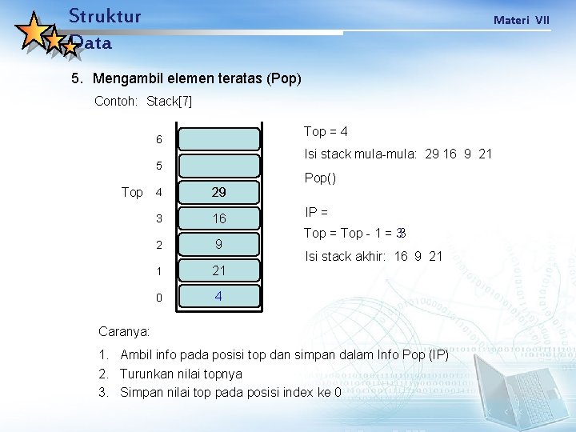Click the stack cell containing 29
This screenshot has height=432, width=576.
(x=218, y=193)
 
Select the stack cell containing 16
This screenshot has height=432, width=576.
(x=218, y=218)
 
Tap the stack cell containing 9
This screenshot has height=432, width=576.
(x=218, y=245)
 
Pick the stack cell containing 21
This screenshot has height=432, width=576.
(x=218, y=270)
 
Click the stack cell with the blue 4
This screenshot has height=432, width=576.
(x=218, y=297)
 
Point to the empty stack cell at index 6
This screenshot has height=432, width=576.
(x=218, y=139)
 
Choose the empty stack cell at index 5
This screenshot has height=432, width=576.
(x=218, y=166)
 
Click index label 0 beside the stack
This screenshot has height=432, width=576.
(x=159, y=298)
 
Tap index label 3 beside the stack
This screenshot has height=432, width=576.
(x=159, y=218)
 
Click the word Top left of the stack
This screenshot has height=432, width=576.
(x=132, y=193)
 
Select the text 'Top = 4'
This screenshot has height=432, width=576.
(x=326, y=131)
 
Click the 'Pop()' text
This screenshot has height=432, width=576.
(x=320, y=178)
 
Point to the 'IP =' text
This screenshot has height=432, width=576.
(x=317, y=212)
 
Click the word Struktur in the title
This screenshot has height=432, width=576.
(x=105, y=16)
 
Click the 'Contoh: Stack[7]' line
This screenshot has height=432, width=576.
(x=143, y=102)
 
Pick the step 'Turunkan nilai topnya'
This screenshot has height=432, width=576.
(x=181, y=374)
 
